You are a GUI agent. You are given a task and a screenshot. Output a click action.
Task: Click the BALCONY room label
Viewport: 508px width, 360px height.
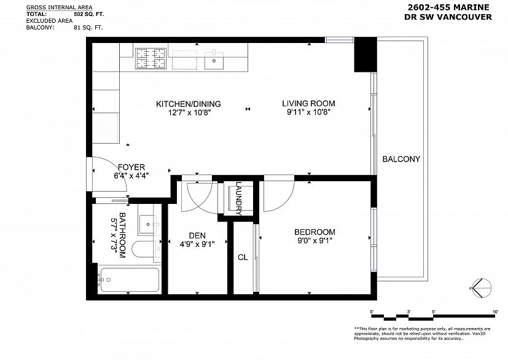[x=401, y=159]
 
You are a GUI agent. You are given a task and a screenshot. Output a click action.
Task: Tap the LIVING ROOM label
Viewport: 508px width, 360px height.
[x=308, y=103]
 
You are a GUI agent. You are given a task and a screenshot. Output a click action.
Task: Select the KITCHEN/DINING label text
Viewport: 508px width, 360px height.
[x=188, y=103]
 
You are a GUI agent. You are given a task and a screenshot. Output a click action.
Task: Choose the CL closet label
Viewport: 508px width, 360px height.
[x=243, y=257]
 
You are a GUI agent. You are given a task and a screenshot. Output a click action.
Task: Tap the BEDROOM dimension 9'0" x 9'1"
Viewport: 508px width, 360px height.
[x=315, y=241]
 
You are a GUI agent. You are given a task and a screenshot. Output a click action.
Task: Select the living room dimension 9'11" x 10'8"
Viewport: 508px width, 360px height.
[x=308, y=112]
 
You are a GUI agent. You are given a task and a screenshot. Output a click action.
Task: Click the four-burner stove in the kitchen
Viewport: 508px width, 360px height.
[x=150, y=60]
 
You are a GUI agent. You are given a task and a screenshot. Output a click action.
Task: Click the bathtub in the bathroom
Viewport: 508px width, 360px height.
[x=128, y=281]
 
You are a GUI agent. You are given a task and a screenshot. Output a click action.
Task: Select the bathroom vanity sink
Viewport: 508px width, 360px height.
[x=147, y=224]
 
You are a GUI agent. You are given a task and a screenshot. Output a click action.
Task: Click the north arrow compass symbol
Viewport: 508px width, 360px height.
[x=480, y=288]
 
